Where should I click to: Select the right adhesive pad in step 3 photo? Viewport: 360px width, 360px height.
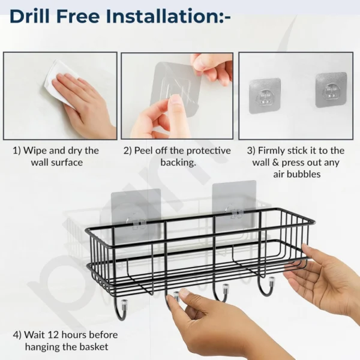pyautogui.click(x=331, y=89)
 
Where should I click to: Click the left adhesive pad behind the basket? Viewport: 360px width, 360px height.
pyautogui.click(x=137, y=213)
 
